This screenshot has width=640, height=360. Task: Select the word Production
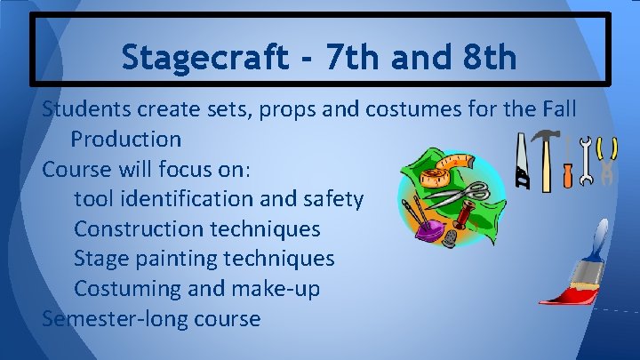(126, 140)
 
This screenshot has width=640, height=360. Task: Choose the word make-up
(276, 289)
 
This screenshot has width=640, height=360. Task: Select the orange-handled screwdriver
(567, 164)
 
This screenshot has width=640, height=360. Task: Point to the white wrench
(586, 161)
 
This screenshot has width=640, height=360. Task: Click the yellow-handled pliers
(608, 159)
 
